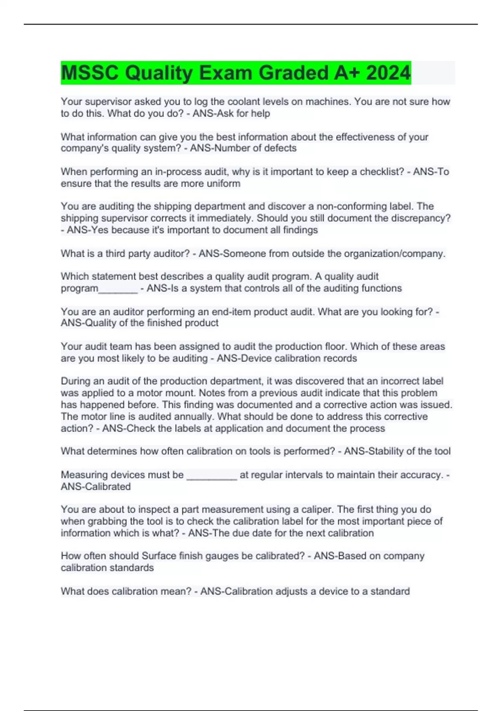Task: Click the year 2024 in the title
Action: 388,73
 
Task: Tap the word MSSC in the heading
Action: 90,73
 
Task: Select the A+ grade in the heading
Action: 347,73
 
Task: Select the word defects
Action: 280,148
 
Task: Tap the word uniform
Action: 223,183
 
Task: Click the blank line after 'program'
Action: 118,289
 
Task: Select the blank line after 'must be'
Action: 212,475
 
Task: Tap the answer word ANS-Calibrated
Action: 96,486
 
